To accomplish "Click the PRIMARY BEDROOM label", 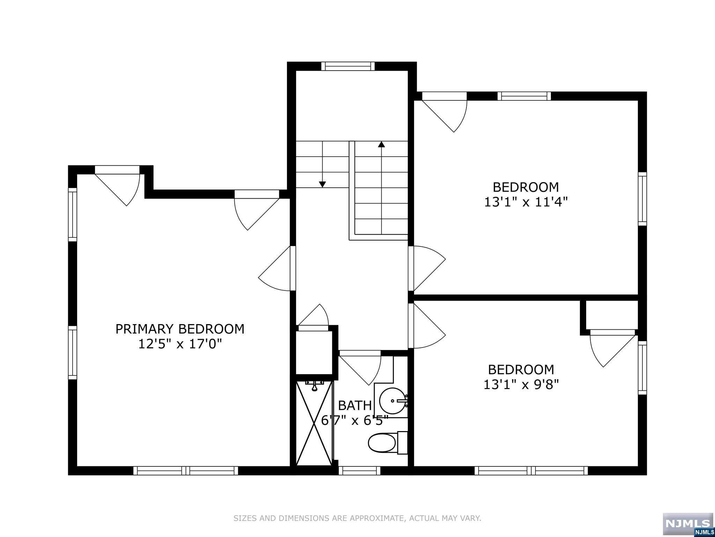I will (x=180, y=329).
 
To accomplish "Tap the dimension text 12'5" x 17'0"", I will (x=180, y=344).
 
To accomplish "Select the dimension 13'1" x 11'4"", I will (x=525, y=202).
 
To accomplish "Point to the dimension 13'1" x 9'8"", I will (x=521, y=385).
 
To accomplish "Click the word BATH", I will (x=355, y=405).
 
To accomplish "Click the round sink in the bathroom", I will (x=392, y=401).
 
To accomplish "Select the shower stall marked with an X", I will (x=314, y=423).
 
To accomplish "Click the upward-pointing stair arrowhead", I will (x=382, y=144).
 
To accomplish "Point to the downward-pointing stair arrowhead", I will (x=322, y=184).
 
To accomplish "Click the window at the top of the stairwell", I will (x=348, y=66).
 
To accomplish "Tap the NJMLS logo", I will (x=688, y=523).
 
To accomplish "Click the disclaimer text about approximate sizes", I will (x=357, y=518).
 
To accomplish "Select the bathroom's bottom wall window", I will (x=359, y=471).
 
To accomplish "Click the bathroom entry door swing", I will (x=363, y=367).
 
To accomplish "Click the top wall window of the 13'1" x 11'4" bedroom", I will (x=524, y=96).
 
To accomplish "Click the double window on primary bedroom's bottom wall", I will (x=185, y=471).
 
